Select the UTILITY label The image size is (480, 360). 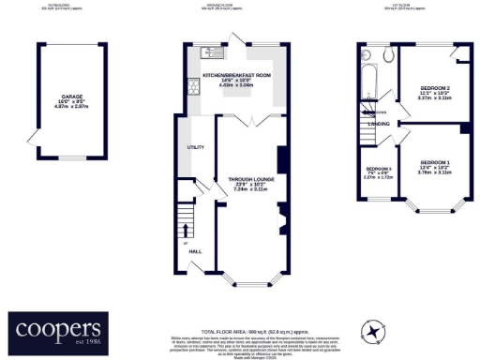[x=196, y=147]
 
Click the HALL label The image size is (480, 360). [x=195, y=250]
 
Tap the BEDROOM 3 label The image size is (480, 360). [x=378, y=169]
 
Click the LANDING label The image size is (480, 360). [x=379, y=123]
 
